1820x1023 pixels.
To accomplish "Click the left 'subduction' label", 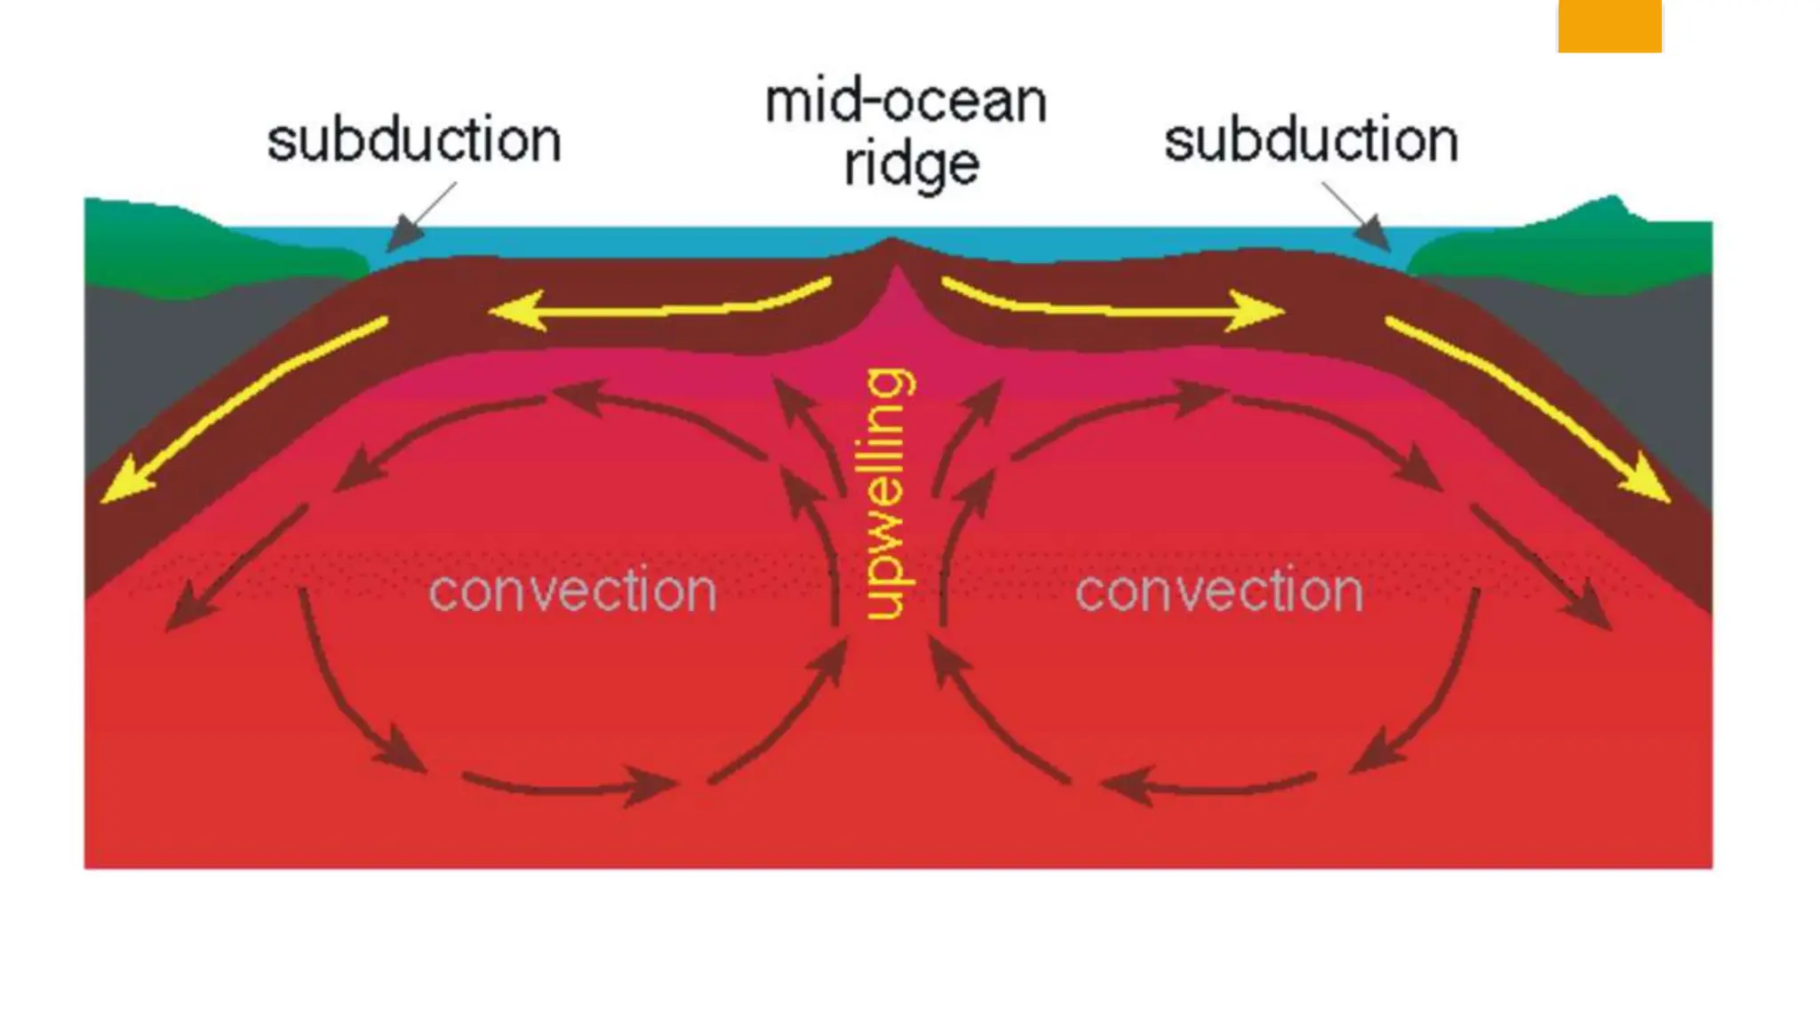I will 414,141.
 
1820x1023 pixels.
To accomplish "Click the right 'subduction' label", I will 1311,141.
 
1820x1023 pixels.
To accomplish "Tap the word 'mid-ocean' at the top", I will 906,102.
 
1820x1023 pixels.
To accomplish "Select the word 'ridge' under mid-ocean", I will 911,164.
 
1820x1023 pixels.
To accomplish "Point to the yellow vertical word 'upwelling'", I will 887,494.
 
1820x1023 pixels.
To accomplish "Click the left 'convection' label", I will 572,591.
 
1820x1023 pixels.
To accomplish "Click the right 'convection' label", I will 1219,591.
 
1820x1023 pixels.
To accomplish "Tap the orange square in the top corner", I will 1609,25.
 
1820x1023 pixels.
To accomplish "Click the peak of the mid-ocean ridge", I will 891,241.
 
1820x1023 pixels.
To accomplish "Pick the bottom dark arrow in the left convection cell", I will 569,786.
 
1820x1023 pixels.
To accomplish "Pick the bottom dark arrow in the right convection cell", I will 1209,786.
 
